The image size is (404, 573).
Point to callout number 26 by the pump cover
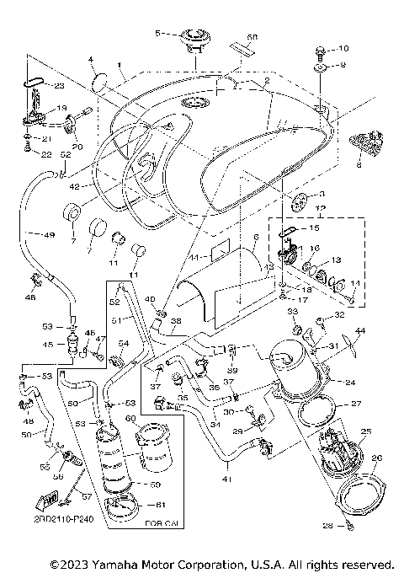pos(376,458)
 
